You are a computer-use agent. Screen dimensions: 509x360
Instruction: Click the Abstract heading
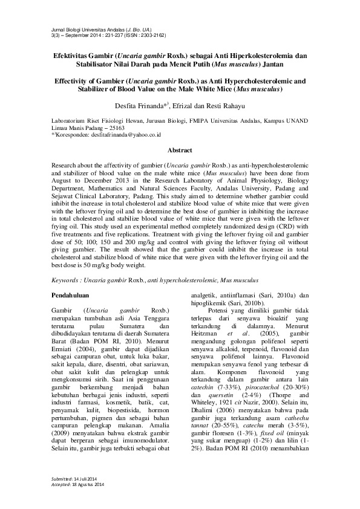tap(180, 150)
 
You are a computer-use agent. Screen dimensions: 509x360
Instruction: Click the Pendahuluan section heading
tap(71, 294)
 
